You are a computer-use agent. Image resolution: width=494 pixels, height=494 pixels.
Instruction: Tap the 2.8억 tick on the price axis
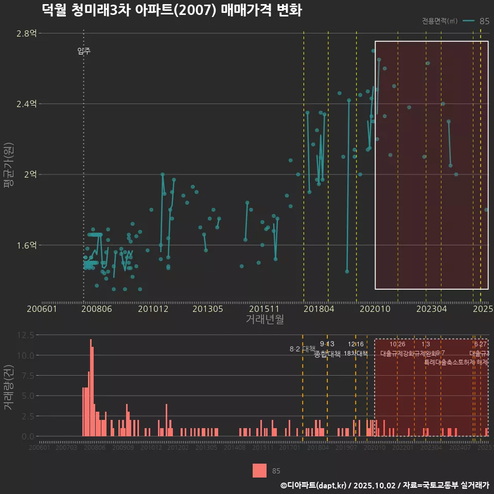coord(26,33)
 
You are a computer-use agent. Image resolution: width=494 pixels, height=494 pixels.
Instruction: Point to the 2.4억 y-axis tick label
coord(26,104)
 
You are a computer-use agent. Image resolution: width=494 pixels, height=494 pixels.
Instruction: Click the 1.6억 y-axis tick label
coord(26,245)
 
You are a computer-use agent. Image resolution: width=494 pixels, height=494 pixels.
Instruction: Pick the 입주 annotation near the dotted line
coord(84,51)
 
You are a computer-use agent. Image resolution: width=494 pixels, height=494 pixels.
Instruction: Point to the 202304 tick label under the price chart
coord(431,309)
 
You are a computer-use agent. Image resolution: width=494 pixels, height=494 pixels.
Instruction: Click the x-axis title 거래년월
coord(264,320)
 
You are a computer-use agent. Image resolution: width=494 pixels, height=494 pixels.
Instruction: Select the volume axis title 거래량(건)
coord(8,387)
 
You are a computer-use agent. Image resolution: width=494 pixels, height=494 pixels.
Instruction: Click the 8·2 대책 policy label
coord(302,349)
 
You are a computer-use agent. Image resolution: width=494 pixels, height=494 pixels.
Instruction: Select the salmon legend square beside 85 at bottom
coord(259,470)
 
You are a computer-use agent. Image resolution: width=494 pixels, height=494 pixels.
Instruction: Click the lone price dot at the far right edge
coord(486,210)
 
